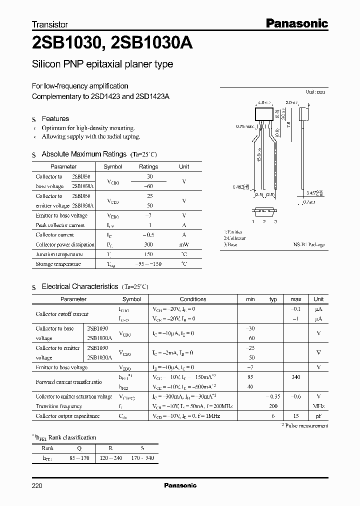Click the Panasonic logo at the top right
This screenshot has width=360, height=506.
point(296,23)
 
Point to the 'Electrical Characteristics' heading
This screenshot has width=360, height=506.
point(80,286)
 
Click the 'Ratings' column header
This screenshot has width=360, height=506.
point(148,166)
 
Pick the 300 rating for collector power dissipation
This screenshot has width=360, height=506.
point(148,244)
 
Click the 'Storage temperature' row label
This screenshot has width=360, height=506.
point(58,264)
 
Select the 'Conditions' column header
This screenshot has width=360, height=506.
point(192,299)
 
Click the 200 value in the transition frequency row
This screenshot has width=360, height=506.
point(273,406)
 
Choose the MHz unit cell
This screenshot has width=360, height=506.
point(318,406)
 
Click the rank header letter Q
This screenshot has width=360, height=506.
point(78,448)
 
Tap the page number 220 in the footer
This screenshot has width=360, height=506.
point(37,485)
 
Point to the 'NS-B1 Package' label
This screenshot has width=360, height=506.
point(309,244)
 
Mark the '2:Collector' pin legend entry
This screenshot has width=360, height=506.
point(235,238)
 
